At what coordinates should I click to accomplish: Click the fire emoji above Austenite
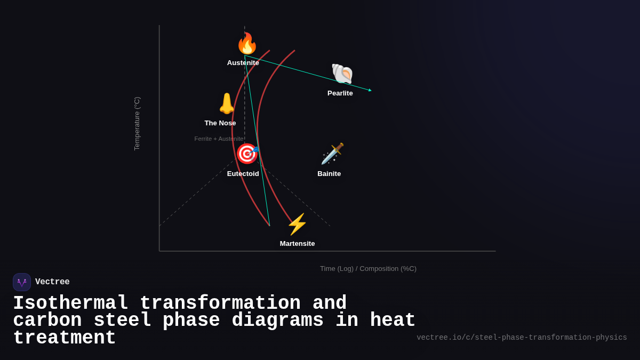click(247, 44)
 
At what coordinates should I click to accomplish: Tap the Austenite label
click(243, 63)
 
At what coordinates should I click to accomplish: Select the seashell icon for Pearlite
click(342, 74)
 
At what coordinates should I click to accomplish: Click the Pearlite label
click(340, 93)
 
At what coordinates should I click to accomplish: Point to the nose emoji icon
click(227, 103)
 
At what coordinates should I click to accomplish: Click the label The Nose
click(220, 123)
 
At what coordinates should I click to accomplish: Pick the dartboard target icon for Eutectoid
click(247, 154)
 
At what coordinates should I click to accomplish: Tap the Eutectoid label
click(243, 174)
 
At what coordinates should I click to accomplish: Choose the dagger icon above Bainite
click(332, 154)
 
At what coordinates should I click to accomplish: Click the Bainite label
click(329, 174)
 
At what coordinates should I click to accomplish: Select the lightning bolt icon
click(297, 224)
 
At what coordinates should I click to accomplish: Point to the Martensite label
click(297, 244)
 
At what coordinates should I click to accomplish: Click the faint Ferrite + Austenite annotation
click(219, 139)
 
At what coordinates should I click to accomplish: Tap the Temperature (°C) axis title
click(137, 124)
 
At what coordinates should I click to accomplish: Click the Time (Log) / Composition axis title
click(368, 269)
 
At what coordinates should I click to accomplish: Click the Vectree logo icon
click(22, 282)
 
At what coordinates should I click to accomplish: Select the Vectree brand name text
click(52, 282)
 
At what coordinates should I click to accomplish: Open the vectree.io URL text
click(522, 338)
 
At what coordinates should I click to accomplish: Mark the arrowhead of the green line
click(370, 90)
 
